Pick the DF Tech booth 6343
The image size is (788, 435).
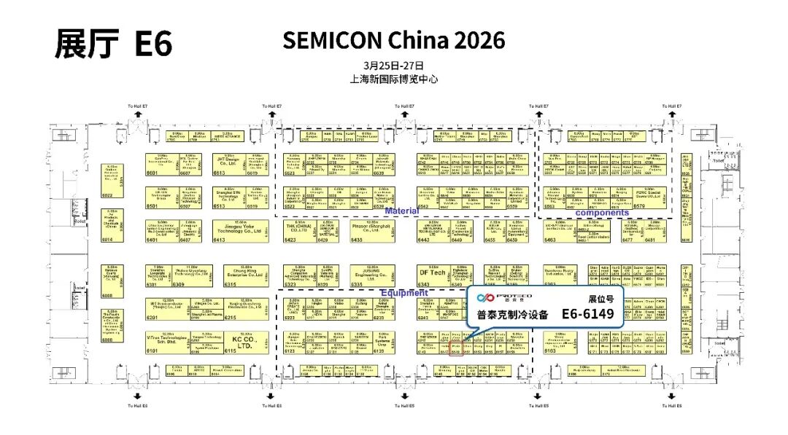tap(432, 273)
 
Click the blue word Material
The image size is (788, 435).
tap(403, 211)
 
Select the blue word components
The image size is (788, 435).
tap(602, 213)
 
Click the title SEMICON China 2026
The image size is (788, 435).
tap(393, 41)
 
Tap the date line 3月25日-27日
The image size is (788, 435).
tap(393, 65)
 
